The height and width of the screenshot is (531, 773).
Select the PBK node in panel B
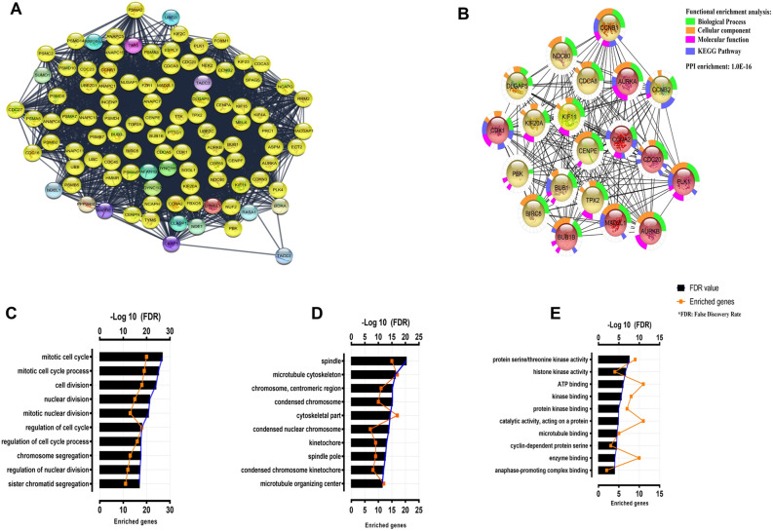pyautogui.click(x=518, y=172)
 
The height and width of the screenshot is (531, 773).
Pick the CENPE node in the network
pyautogui.click(x=585, y=150)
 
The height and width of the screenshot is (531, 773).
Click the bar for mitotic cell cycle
pyautogui.click(x=131, y=357)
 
